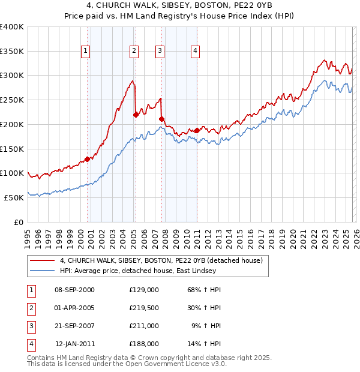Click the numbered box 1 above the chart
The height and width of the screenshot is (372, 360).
(86, 52)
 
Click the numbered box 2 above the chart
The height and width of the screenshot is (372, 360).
(134, 52)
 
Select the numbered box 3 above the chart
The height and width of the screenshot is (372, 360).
(160, 52)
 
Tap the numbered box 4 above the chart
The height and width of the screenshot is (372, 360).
(196, 52)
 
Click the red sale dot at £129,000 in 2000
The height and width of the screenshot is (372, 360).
(88, 159)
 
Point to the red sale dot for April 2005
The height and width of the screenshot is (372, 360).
(136, 115)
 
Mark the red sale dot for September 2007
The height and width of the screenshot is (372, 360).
(161, 119)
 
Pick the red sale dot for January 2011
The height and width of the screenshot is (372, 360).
(197, 130)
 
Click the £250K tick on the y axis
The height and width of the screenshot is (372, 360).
(12, 100)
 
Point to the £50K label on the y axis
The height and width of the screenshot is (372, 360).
(14, 197)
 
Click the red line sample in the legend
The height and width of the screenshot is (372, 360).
(42, 261)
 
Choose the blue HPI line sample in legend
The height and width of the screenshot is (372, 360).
(42, 271)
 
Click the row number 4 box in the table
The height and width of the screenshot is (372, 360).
(30, 344)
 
